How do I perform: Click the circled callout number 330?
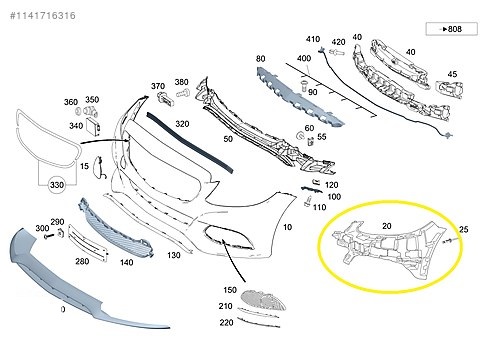pyautogui.click(x=57, y=184)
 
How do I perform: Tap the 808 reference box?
pyautogui.click(x=451, y=29)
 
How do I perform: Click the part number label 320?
pyautogui.click(x=182, y=124)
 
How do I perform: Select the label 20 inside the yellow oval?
pyautogui.click(x=386, y=226)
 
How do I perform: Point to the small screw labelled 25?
pyautogui.click(x=447, y=241)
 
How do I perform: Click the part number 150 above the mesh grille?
pyautogui.click(x=230, y=290)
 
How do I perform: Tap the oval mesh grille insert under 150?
pyautogui.click(x=263, y=300)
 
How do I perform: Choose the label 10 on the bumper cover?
pyautogui.click(x=287, y=227)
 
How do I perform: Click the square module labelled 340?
pyautogui.click(x=94, y=127)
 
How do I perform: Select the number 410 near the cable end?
pyautogui.click(x=313, y=39)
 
